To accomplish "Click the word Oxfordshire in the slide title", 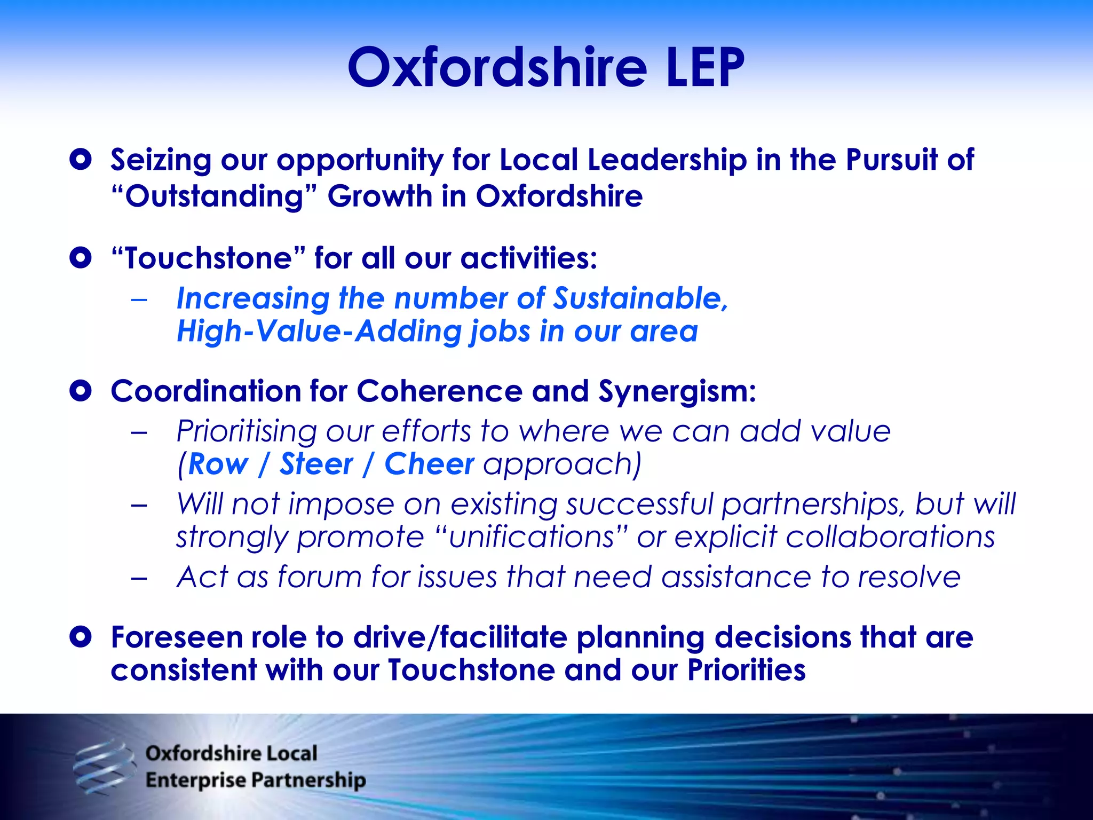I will coord(496,68).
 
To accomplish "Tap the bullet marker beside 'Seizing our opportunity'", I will coord(81,160).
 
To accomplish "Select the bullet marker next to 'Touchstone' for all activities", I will coord(81,258).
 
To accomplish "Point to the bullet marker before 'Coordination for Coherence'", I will coord(81,391).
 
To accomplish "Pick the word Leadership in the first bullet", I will coord(667,160).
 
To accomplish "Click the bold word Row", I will coord(218,464).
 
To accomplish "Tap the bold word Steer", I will coord(316,464).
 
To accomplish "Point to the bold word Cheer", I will coord(429,464).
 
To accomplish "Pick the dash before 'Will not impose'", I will coord(139,505).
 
